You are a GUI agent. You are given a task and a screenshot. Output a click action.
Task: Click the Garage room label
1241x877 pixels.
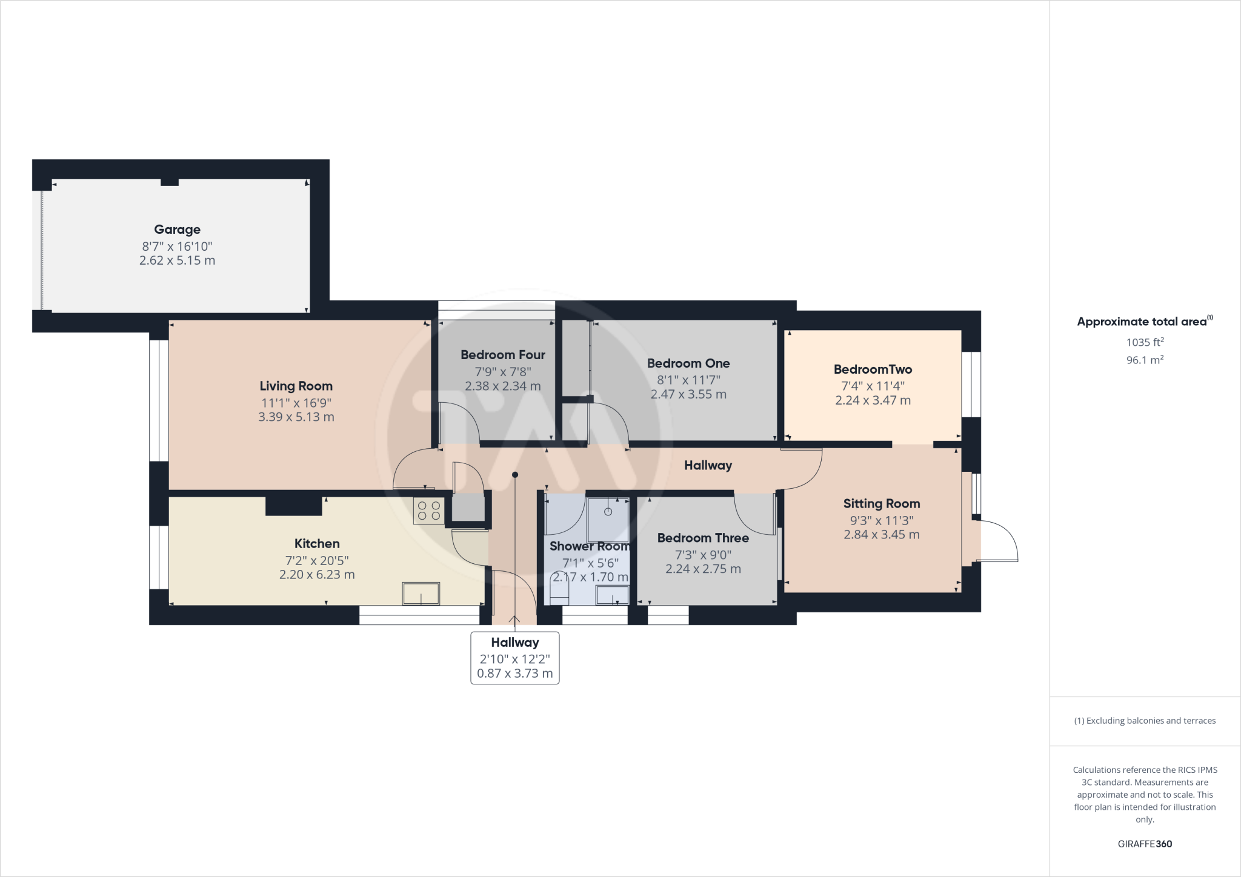177,230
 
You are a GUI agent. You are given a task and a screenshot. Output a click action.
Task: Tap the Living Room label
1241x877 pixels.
296,386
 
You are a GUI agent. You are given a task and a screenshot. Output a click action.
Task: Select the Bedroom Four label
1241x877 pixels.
502,355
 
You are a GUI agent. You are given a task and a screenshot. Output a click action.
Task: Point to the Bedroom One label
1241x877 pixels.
688,363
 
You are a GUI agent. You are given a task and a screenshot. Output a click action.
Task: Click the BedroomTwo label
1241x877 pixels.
872,369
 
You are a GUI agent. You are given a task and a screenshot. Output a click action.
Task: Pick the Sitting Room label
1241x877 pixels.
881,503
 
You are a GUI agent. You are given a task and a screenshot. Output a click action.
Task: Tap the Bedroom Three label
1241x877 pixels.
703,538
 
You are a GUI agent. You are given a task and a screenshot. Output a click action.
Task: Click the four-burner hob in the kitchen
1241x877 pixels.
428,510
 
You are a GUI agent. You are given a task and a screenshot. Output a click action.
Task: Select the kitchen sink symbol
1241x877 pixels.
421,594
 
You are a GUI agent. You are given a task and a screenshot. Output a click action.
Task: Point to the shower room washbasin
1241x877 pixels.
612,595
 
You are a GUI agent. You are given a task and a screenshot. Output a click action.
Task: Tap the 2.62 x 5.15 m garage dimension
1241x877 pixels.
177,260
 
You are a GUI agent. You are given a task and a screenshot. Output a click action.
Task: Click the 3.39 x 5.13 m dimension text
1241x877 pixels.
296,417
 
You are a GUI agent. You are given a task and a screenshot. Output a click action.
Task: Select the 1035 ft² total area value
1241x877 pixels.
1145,342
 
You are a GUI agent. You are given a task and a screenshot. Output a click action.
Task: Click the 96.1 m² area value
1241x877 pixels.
1145,360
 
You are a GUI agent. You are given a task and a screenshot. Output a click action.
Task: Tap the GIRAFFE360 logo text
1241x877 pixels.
1145,844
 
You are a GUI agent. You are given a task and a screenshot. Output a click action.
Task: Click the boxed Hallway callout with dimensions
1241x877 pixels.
514,658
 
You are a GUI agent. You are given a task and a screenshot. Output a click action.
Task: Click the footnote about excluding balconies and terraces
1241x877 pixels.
1145,721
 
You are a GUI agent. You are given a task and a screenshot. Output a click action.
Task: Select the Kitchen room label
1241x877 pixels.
316,544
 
